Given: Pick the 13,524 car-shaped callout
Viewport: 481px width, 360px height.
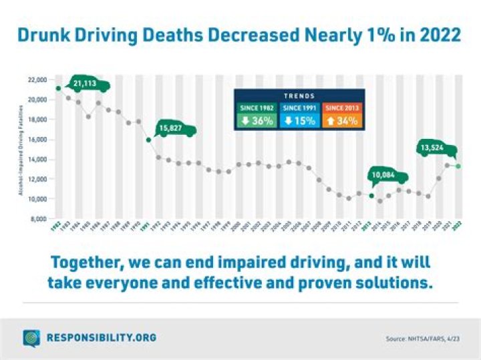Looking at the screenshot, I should pyautogui.click(x=436, y=148).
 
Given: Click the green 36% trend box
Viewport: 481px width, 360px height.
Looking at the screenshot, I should pyautogui.click(x=257, y=121).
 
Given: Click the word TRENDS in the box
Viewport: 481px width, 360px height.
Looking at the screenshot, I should pyautogui.click(x=300, y=96).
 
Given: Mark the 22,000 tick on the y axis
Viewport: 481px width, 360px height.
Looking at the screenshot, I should pyautogui.click(x=37, y=79).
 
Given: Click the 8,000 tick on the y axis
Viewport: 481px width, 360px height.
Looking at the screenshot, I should pyautogui.click(x=38, y=218).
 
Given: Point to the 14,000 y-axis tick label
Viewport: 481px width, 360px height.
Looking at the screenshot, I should pyautogui.click(x=37, y=159).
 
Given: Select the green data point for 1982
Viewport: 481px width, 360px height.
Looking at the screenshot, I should pyautogui.click(x=59, y=88).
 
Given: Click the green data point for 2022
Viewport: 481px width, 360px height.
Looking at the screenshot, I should pyautogui.click(x=458, y=166).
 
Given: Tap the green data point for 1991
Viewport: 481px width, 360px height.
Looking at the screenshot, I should pyautogui.click(x=148, y=140).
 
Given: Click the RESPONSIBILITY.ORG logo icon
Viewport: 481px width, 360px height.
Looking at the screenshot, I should pyautogui.click(x=31, y=338).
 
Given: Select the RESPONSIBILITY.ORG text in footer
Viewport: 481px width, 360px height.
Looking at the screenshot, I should pyautogui.click(x=100, y=338).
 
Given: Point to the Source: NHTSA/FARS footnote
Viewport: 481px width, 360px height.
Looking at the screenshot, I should pyautogui.click(x=424, y=339).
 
